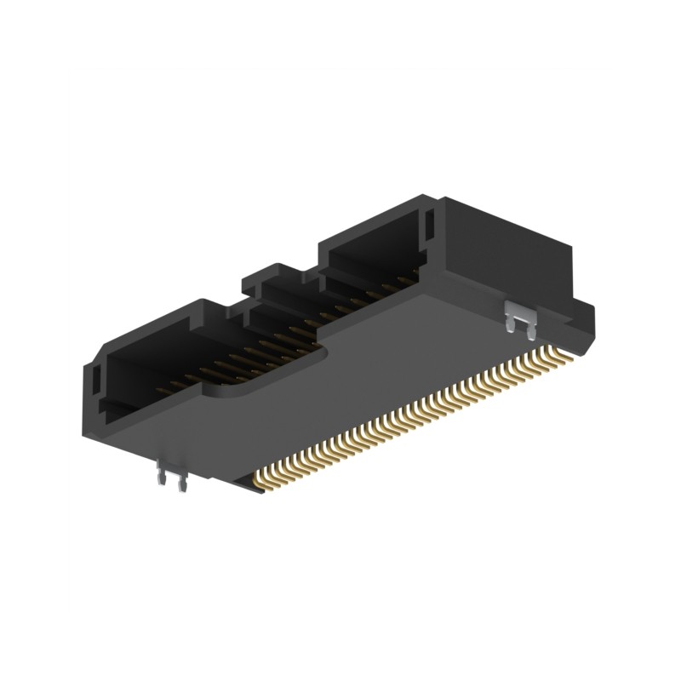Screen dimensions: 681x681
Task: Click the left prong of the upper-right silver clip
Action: click(511, 323)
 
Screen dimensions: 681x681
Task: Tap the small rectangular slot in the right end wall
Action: click(429, 226)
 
